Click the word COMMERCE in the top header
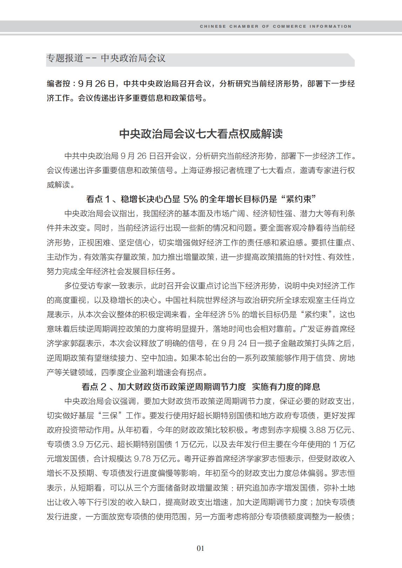tap(289, 26)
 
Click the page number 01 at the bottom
tap(201, 548)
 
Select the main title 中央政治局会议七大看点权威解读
tap(201, 134)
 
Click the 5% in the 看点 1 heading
tap(190, 199)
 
